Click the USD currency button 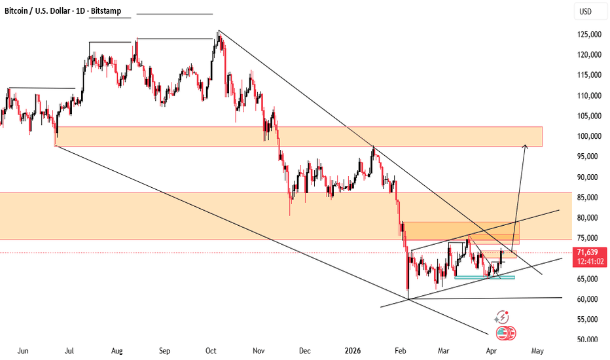pyautogui.click(x=584, y=11)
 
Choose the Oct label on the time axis pyautogui.click(x=211, y=351)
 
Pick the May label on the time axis pyautogui.click(x=537, y=351)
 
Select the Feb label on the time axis pyautogui.click(x=401, y=351)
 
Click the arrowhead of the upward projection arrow pyautogui.click(x=525, y=146)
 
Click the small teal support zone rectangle pyautogui.click(x=484, y=278)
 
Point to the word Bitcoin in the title pyautogui.click(x=20, y=11)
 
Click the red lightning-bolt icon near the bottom pyautogui.click(x=502, y=317)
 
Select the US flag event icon pyautogui.click(x=505, y=333)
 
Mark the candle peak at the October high pyautogui.click(x=219, y=31)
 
